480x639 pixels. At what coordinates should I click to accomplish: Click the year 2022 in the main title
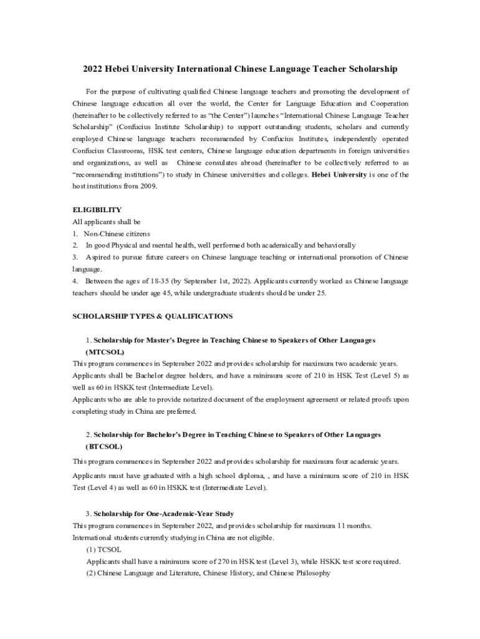tap(95, 69)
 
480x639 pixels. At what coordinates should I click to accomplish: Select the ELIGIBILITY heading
tap(97, 210)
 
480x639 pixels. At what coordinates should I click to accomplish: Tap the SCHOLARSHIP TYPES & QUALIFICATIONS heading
tap(153, 316)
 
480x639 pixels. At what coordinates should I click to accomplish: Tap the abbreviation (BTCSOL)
tap(104, 447)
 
